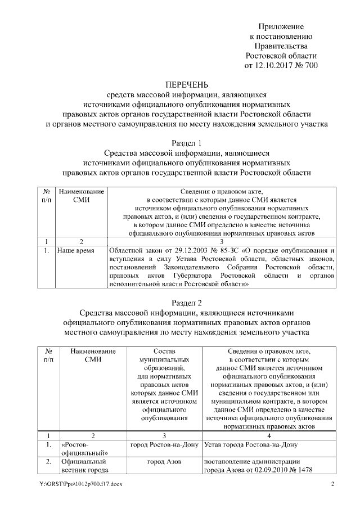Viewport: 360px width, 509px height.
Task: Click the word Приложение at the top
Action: [281, 27]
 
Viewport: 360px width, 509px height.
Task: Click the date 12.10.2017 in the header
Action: [276, 65]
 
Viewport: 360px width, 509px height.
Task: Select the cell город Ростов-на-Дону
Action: [164, 445]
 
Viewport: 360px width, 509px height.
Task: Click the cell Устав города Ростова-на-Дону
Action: [250, 445]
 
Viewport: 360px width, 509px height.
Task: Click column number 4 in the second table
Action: [269, 435]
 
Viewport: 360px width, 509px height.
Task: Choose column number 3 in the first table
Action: [222, 241]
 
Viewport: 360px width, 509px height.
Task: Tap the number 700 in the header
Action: [310, 65]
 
